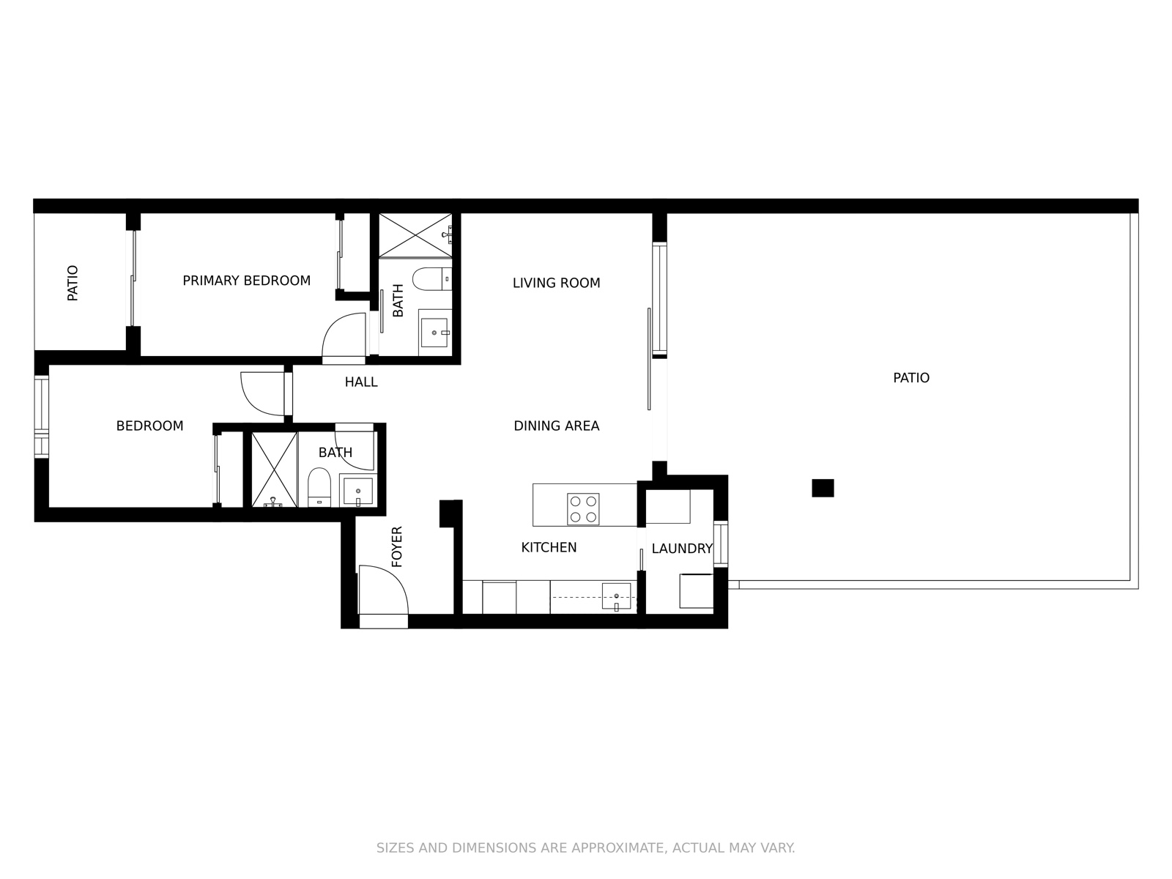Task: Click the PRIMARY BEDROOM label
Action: click(x=246, y=281)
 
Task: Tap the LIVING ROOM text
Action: click(x=556, y=283)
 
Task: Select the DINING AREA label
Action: click(x=556, y=426)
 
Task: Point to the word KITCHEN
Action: click(x=549, y=547)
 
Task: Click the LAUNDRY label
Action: click(x=681, y=549)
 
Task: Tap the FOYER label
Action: click(x=397, y=546)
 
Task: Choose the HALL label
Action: click(x=361, y=382)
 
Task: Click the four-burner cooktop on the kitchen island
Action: click(x=583, y=509)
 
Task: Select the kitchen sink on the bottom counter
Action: click(x=616, y=596)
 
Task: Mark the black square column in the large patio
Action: click(x=823, y=488)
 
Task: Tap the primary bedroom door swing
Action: click(x=344, y=337)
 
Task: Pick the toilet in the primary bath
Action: click(x=431, y=279)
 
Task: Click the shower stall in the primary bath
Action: click(x=415, y=234)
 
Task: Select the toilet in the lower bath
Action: click(x=319, y=487)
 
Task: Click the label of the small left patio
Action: click(x=73, y=283)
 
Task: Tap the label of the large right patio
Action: click(x=910, y=378)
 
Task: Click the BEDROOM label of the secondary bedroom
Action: click(x=149, y=426)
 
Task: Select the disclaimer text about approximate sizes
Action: click(x=585, y=848)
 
